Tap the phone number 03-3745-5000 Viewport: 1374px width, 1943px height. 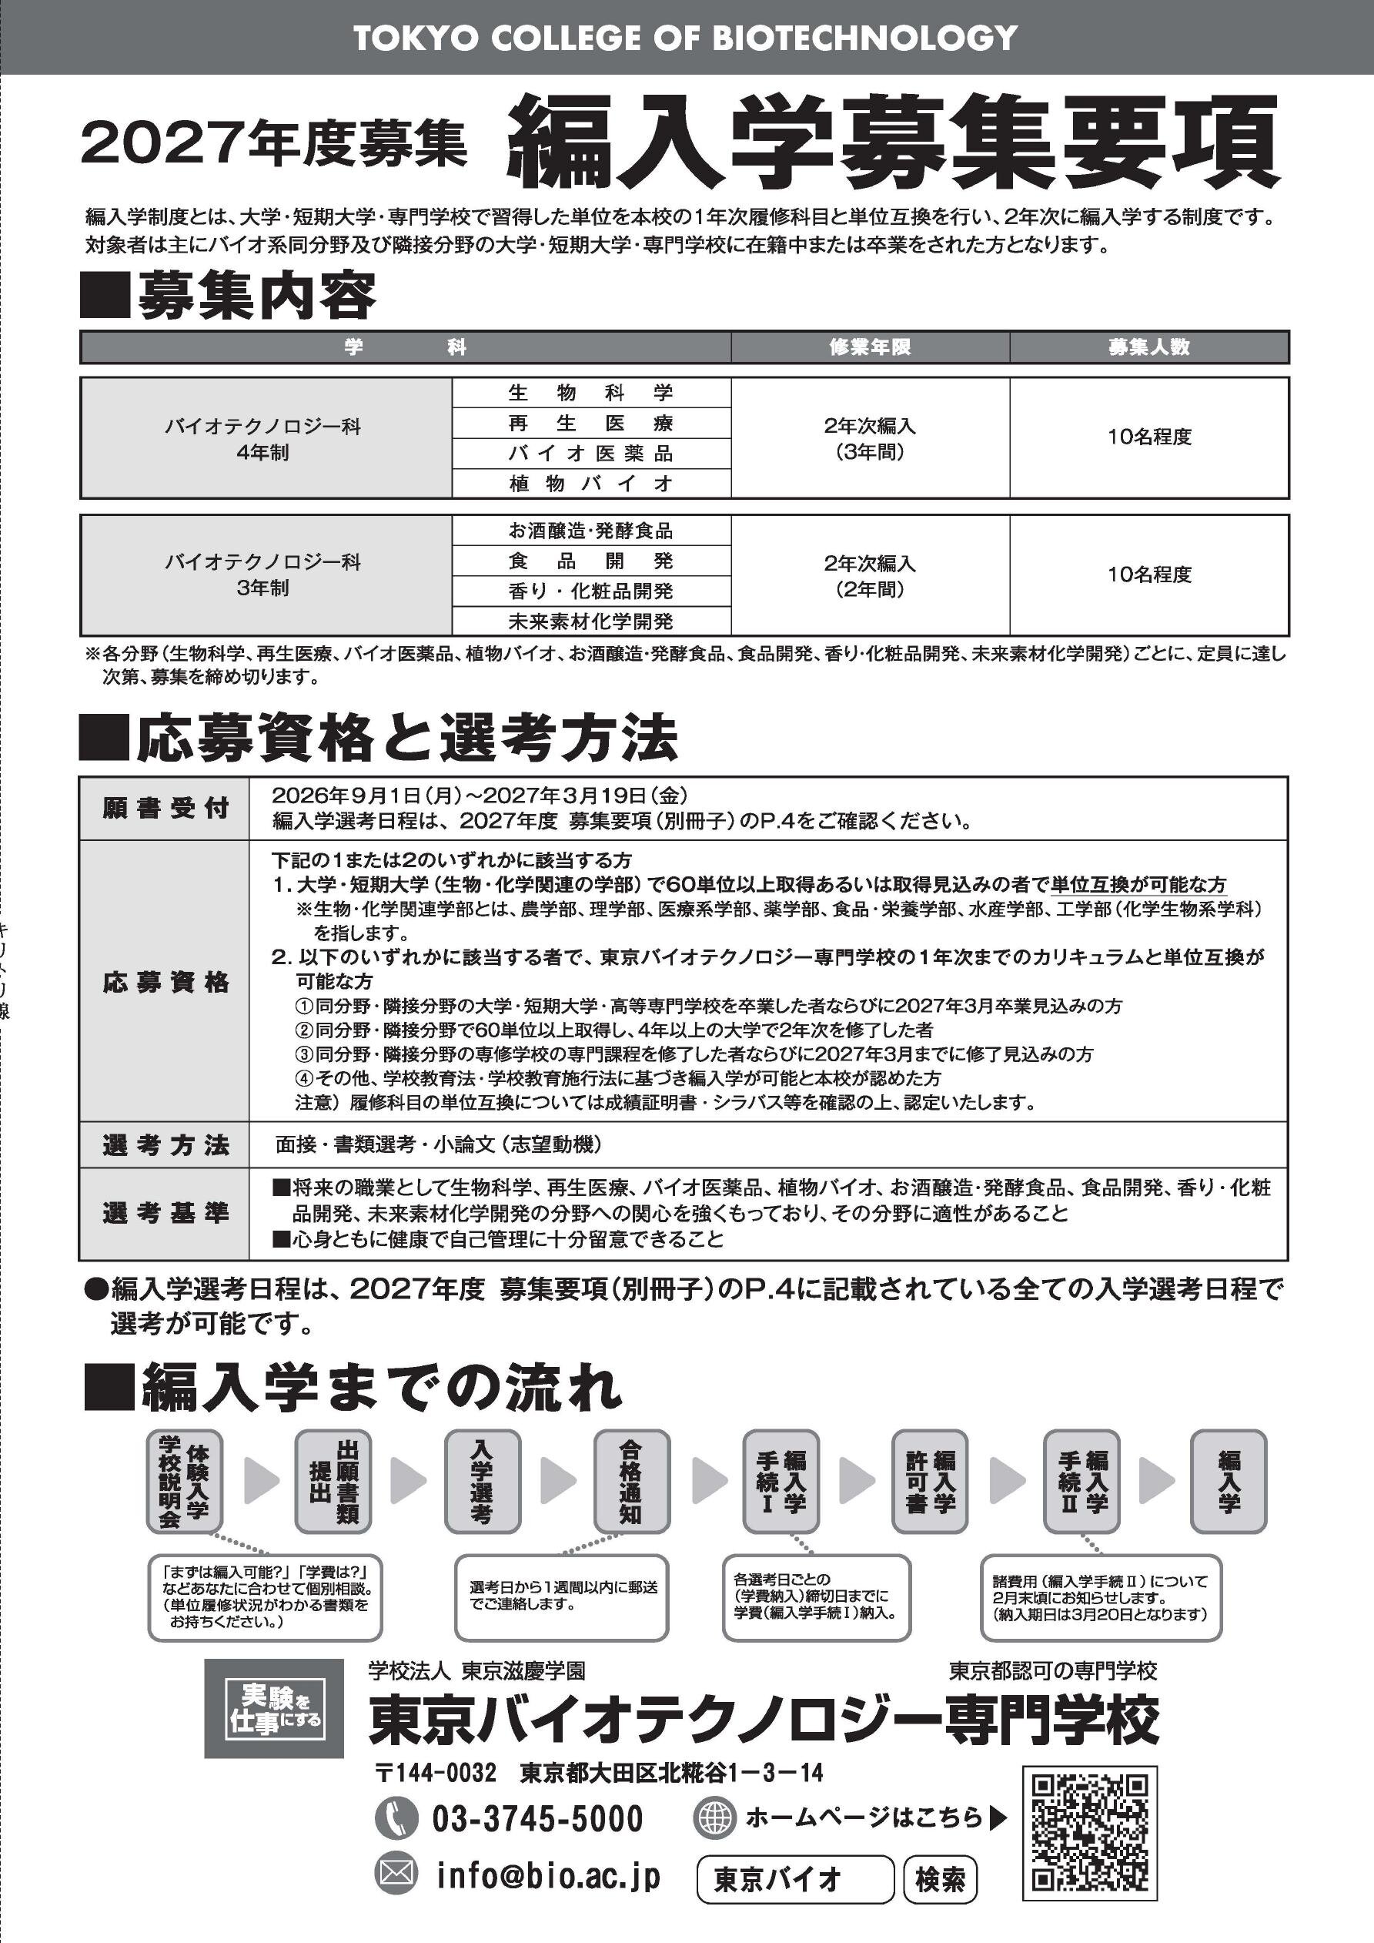[537, 1817]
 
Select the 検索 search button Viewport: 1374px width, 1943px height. [940, 1881]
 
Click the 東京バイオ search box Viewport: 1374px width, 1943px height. [794, 1881]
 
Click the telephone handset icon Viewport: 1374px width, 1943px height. [396, 1817]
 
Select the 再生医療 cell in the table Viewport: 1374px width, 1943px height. [590, 423]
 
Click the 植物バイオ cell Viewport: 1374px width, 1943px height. [590, 483]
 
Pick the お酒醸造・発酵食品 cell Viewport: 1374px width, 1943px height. [590, 531]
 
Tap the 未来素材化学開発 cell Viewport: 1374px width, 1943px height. [590, 621]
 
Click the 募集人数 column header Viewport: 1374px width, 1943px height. [1149, 347]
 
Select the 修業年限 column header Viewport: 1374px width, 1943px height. [870, 347]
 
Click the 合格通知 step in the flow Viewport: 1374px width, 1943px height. [631, 1481]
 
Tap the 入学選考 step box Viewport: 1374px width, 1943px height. [483, 1481]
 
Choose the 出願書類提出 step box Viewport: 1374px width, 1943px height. [333, 1481]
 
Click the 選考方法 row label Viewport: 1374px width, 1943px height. [165, 1145]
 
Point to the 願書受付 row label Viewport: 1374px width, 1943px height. [165, 808]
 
